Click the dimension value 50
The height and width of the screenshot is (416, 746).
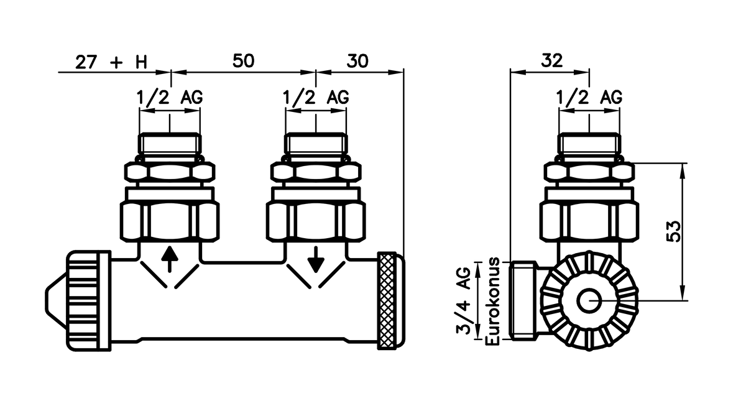pyautogui.click(x=244, y=61)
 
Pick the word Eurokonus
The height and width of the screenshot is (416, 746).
pyautogui.click(x=495, y=299)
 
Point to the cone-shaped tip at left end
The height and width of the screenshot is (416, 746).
pyautogui.click(x=57, y=300)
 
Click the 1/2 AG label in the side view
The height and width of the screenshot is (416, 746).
pyautogui.click(x=589, y=98)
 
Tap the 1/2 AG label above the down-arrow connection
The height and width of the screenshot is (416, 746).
pyautogui.click(x=316, y=98)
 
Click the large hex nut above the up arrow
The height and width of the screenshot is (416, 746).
pyautogui.click(x=169, y=219)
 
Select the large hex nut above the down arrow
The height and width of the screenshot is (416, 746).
pyautogui.click(x=315, y=219)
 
